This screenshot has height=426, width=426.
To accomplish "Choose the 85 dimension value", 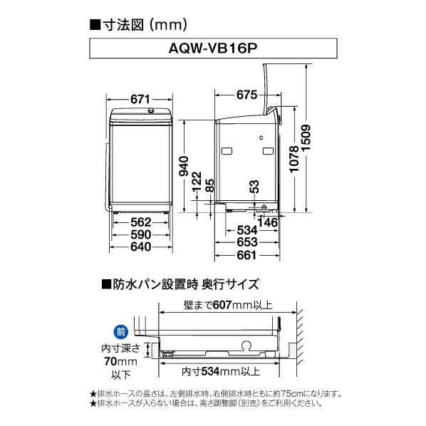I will (209, 187).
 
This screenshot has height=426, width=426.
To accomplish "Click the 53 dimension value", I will (254, 187).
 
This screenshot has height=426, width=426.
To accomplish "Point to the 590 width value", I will (142, 234).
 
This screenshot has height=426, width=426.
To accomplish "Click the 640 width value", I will (142, 246).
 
